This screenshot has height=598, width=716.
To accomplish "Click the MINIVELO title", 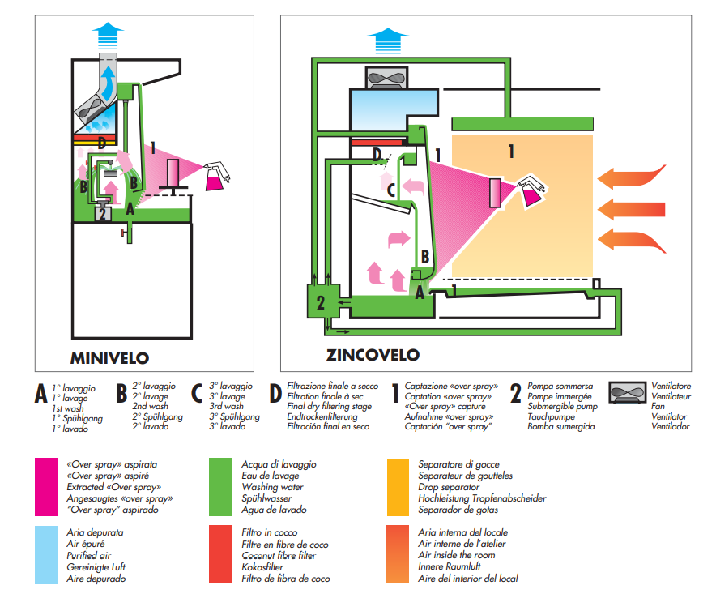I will (x=109, y=357).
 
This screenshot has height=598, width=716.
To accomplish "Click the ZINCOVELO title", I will (x=373, y=354).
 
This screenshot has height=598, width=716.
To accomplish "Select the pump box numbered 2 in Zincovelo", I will (x=321, y=302).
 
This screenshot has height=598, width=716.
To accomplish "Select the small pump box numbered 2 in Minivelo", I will (x=102, y=215).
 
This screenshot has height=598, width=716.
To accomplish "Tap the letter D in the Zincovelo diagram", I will (x=377, y=153).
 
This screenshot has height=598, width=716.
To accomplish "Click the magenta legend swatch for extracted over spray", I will (x=47, y=488).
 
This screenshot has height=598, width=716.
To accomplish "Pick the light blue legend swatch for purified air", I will (x=47, y=555).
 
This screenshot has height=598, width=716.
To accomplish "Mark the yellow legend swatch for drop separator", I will (x=398, y=488).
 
